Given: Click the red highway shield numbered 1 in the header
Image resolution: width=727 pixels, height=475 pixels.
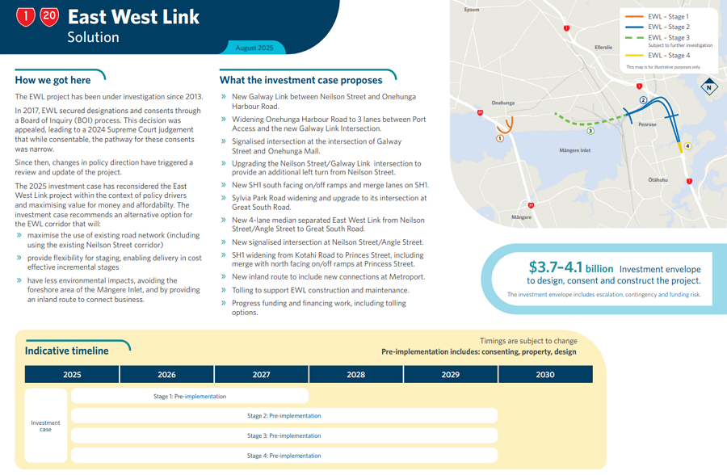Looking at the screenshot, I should tap(26, 16).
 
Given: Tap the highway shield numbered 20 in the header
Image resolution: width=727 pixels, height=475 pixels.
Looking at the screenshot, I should tap(49, 16).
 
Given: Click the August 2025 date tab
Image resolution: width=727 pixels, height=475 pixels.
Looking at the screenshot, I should tap(254, 48).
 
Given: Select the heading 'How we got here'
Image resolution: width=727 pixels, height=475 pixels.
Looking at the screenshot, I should tap(53, 80).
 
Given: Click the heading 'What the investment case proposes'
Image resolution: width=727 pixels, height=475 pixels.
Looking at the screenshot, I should tap(300, 80).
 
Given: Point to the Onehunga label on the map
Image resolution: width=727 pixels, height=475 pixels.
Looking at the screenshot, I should tap(502, 103).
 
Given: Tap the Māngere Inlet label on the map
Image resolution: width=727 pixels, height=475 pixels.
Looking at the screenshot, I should tap(574, 150).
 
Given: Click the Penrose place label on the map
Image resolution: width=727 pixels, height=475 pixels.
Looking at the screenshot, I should tap(647, 124).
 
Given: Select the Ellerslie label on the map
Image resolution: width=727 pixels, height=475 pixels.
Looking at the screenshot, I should tap(603, 48).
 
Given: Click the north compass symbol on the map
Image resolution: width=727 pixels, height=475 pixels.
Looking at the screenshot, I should tap(709, 86).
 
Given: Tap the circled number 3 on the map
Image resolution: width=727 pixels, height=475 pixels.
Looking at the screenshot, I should tap(590, 131).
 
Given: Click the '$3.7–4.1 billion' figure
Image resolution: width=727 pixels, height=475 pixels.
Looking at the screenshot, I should tap(570, 267).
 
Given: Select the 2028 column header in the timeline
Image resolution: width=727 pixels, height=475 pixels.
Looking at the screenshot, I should tap(355, 375).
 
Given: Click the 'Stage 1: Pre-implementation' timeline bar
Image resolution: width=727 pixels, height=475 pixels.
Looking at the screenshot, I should tap(190, 397).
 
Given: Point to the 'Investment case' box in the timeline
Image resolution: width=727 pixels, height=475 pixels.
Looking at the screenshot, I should tap(45, 426).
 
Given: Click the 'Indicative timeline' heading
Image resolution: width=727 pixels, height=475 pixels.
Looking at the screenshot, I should tap(66, 351).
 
